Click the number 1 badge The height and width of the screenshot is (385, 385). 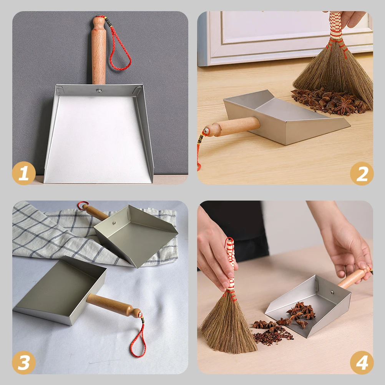click(24, 173)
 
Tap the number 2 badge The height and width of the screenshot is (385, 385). click(362, 174)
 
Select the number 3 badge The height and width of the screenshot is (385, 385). click(24, 362)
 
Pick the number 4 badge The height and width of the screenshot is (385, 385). click(362, 362)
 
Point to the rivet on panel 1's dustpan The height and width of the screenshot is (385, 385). click(99, 91)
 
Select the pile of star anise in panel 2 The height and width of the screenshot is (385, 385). click(330, 101)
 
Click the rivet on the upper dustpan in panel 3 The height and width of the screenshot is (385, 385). click(115, 222)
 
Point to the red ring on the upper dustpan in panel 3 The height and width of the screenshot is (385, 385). click(82, 206)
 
